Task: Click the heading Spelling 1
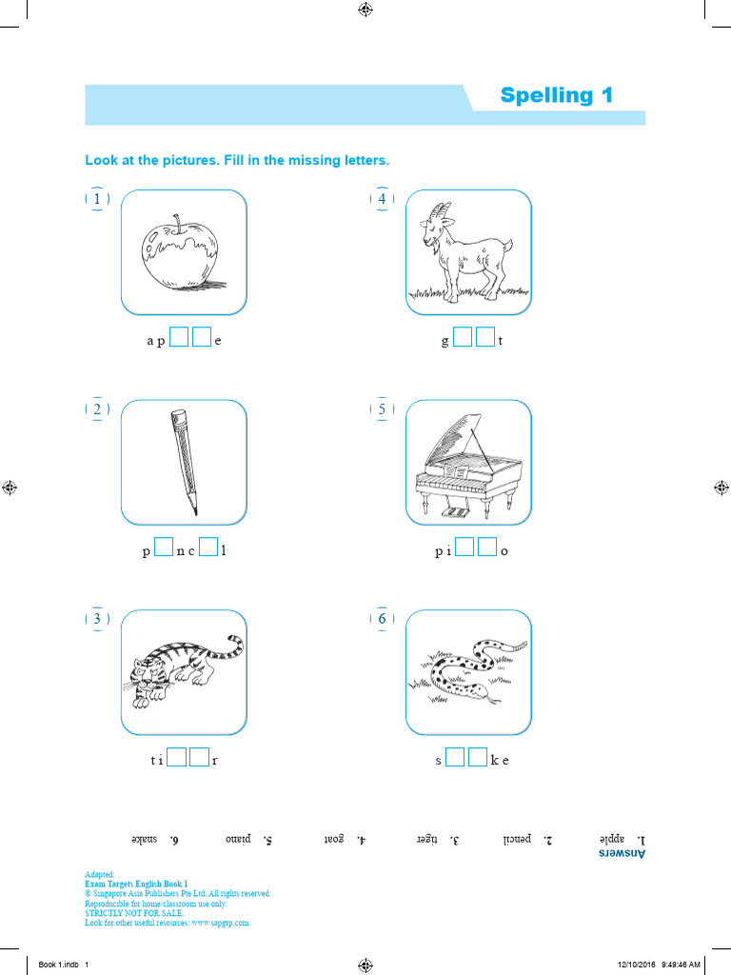[557, 95]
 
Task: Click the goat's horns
[441, 211]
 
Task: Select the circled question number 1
[97, 199]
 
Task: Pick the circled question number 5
[382, 409]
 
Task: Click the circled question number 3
[97, 619]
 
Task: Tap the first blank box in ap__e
[178, 338]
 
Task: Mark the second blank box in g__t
[485, 338]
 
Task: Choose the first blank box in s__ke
[454, 759]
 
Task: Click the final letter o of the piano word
[504, 551]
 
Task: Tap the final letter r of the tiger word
[215, 761]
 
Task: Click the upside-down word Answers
[622, 854]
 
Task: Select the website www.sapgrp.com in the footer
[220, 923]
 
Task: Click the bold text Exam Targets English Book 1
[136, 884]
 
